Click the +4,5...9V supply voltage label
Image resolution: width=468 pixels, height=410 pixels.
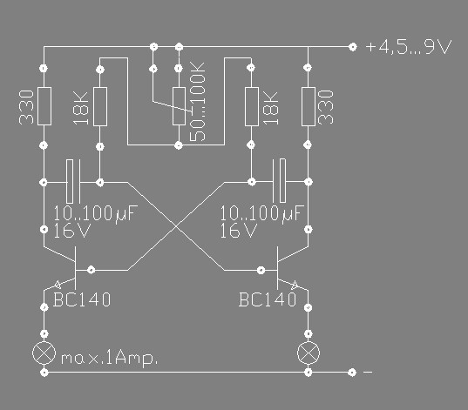point(409,47)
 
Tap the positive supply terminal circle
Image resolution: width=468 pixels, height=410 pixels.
point(353,47)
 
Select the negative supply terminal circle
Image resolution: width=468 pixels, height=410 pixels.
point(352,372)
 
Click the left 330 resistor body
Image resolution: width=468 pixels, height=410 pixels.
point(44,106)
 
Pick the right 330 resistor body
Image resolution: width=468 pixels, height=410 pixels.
point(309,106)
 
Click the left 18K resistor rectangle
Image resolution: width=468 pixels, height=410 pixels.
point(100,106)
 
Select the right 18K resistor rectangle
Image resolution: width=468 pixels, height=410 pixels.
point(252,106)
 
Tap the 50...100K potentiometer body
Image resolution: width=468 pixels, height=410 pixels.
point(179,106)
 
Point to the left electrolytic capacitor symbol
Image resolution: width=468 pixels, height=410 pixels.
point(73,182)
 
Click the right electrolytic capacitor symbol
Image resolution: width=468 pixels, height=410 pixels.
point(280,181)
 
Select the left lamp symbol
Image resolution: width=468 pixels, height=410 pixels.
point(44,353)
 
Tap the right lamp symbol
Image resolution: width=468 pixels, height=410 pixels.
point(309,353)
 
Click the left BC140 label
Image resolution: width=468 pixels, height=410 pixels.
point(82,299)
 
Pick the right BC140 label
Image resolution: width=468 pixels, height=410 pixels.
point(268,299)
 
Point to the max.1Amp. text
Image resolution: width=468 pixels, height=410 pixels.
point(109,358)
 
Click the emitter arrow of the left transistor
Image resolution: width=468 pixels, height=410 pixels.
point(58,285)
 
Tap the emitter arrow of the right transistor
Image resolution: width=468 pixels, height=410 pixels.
point(295,285)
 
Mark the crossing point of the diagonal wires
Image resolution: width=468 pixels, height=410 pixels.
point(176,226)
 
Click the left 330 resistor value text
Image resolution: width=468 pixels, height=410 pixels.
point(26,107)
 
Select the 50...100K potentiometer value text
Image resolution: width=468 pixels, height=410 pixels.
point(198,101)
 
